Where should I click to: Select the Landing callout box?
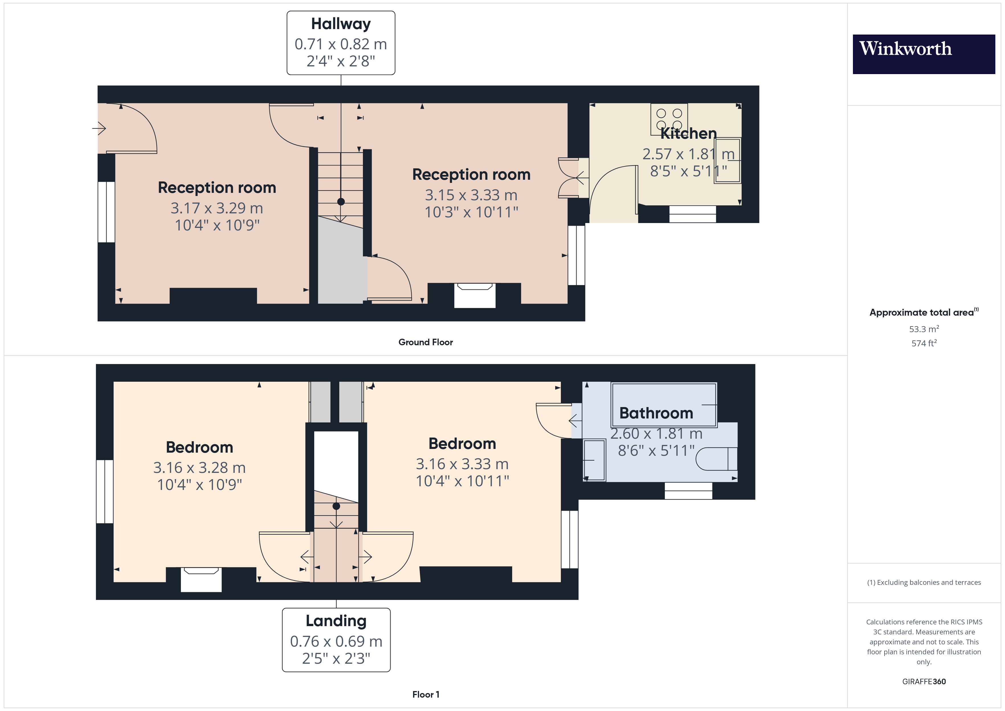tap(336, 640)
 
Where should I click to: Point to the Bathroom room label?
tap(656, 413)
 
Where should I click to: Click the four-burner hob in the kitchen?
tap(669, 119)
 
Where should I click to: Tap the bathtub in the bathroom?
tap(664, 404)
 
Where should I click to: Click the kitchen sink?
tap(728, 161)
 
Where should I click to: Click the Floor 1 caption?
tap(426, 694)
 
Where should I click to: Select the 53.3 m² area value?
tap(924, 329)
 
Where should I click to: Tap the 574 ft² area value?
tap(924, 343)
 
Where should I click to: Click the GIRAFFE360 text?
tap(924, 682)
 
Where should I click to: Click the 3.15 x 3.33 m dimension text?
tap(471, 195)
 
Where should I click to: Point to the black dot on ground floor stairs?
tap(341, 202)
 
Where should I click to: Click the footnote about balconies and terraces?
tap(924, 582)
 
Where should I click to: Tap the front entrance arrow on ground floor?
tap(99, 128)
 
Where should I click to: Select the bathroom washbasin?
tap(595, 460)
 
